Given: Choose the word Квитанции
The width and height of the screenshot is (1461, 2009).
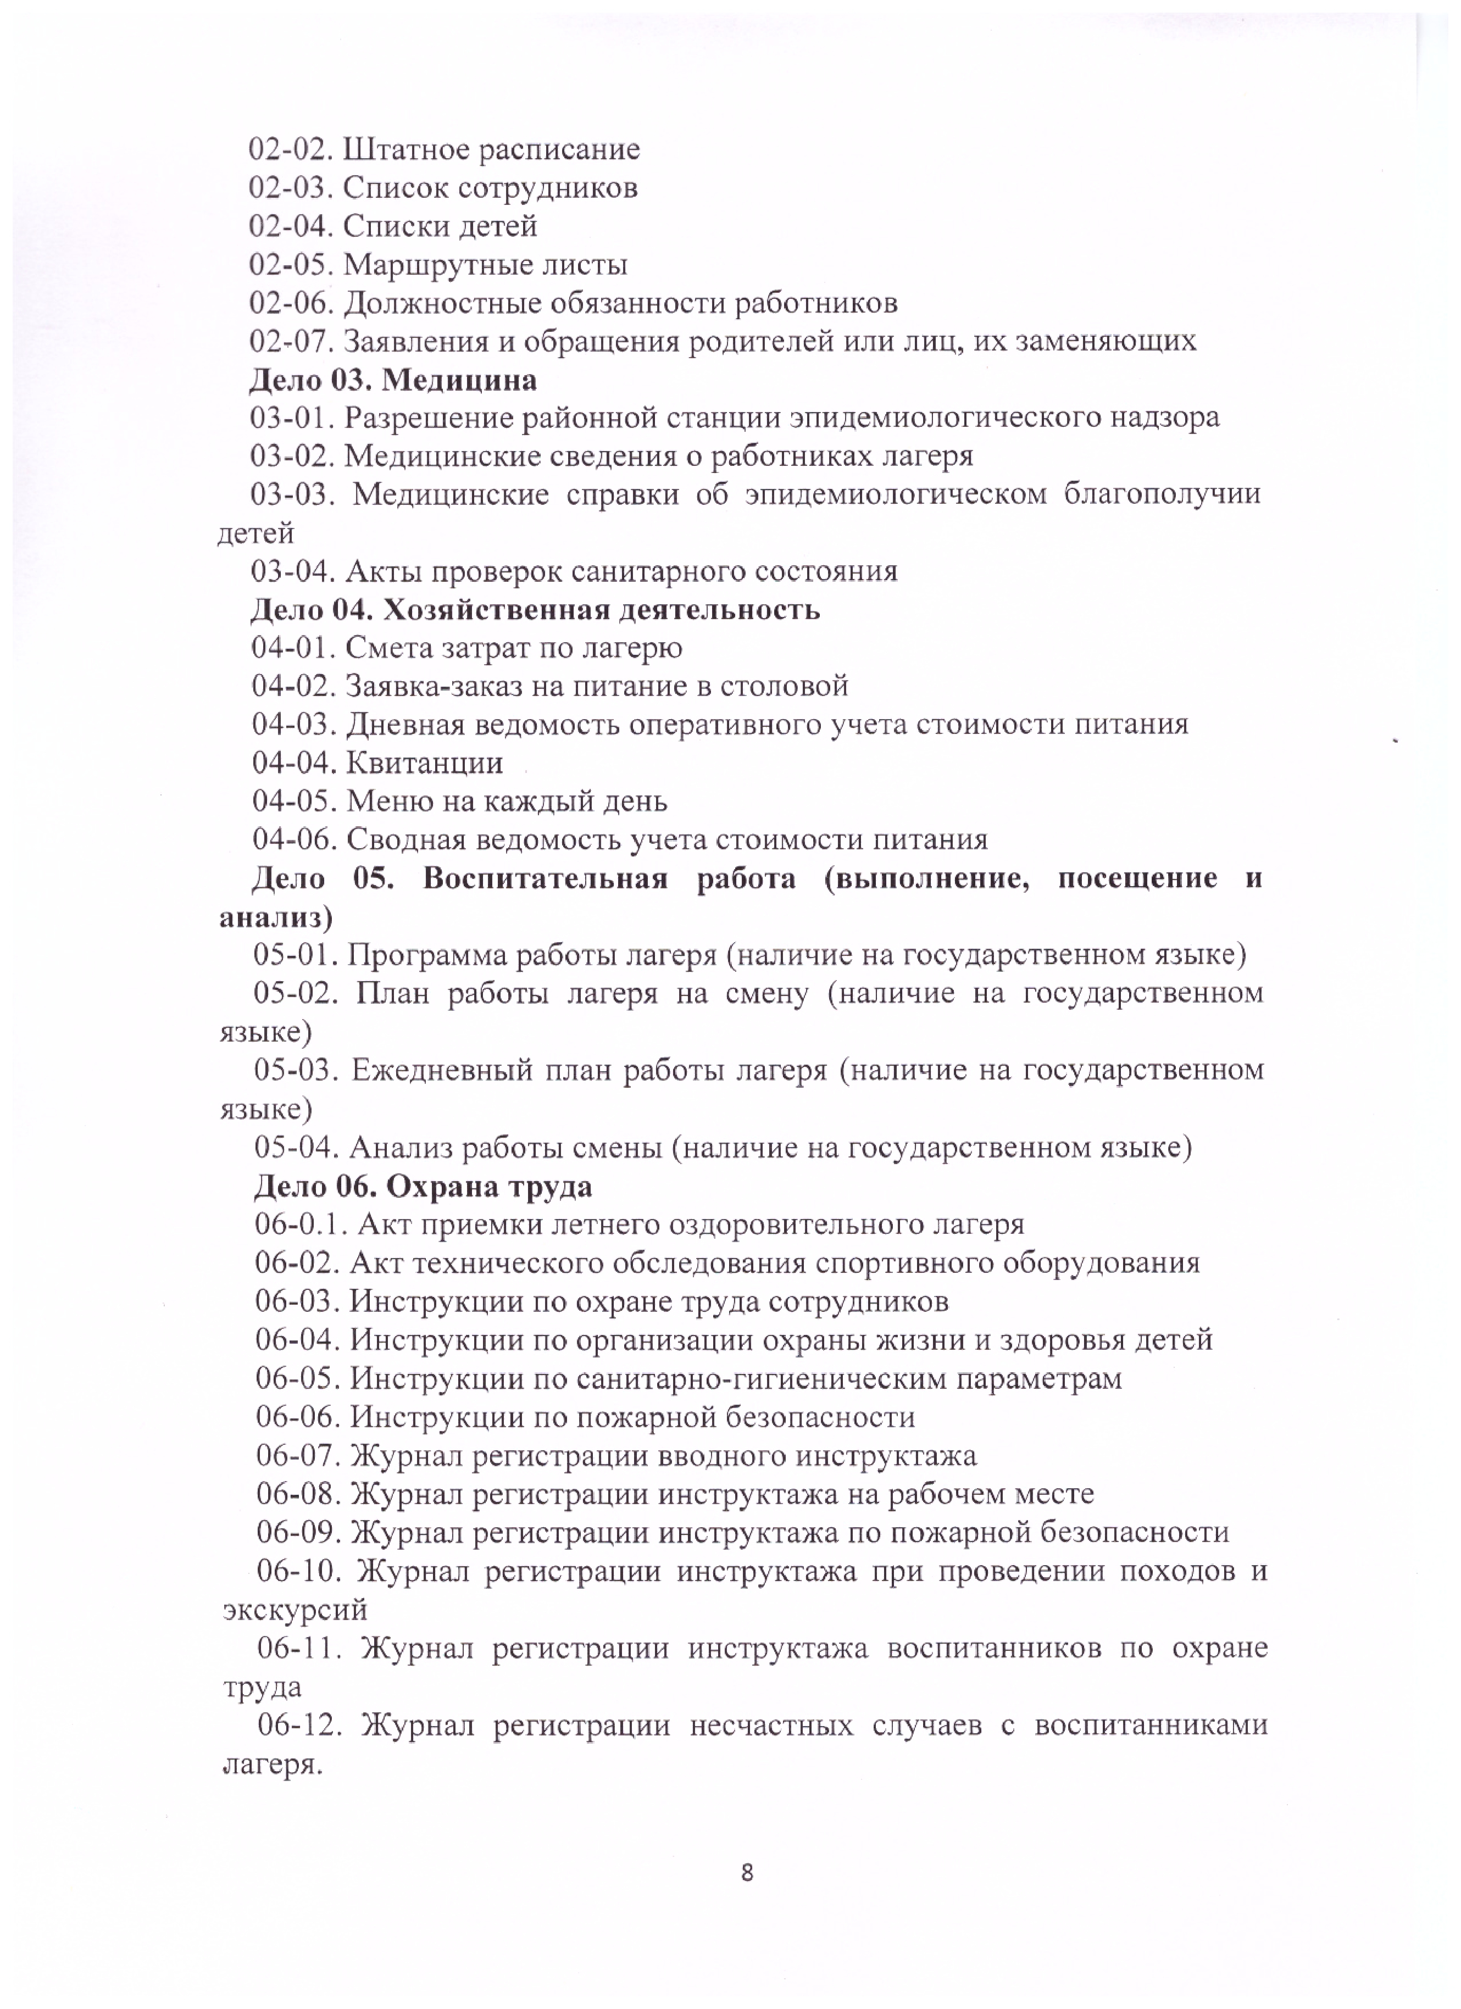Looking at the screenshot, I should [424, 763].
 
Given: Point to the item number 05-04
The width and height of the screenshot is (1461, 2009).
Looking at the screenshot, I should [297, 1148].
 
